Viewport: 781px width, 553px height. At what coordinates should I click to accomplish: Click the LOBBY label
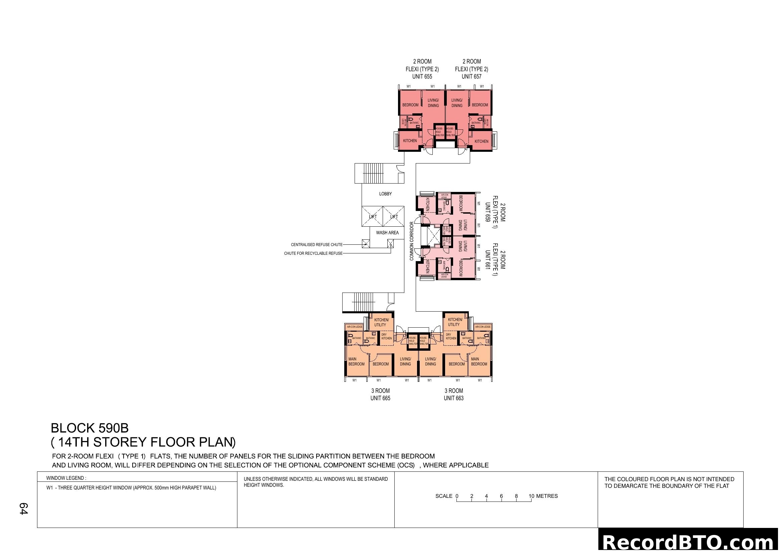point(385,194)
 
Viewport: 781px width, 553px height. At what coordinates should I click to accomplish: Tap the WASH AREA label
point(387,233)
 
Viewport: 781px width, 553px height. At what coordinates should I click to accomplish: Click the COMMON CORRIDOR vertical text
point(412,241)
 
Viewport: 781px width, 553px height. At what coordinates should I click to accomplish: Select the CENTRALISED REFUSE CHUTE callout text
point(316,244)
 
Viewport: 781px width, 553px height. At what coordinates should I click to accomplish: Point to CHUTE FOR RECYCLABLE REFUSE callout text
point(313,253)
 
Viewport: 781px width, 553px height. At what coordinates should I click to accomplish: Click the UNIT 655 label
point(422,77)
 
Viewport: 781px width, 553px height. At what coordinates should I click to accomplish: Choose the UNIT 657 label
point(471,77)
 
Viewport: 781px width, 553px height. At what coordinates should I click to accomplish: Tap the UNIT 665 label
point(380,398)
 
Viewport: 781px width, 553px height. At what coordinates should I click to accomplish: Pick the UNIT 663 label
point(453,398)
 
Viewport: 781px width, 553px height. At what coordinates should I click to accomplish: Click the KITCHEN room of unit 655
point(410,141)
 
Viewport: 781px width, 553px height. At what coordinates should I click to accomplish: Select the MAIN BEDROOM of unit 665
point(356,361)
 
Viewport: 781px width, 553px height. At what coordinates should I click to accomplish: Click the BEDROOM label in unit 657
point(479,105)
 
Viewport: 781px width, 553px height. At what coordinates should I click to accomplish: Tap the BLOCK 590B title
point(89,428)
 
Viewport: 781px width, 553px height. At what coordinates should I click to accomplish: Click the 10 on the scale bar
point(531,496)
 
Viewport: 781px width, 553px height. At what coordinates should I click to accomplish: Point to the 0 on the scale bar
point(457,496)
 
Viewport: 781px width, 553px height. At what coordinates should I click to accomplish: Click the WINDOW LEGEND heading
point(66,478)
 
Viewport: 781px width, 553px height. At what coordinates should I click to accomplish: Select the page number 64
point(23,509)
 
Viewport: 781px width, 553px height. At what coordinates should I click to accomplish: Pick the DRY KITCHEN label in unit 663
point(451,336)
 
